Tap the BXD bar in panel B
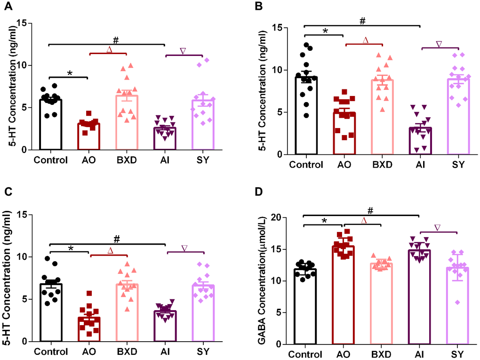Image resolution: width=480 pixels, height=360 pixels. [382, 117]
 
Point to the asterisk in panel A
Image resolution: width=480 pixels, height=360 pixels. [69, 73]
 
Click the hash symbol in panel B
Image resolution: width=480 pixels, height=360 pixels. [362, 21]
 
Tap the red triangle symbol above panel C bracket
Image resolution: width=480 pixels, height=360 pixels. [110, 251]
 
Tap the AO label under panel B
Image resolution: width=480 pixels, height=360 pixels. [343, 164]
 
